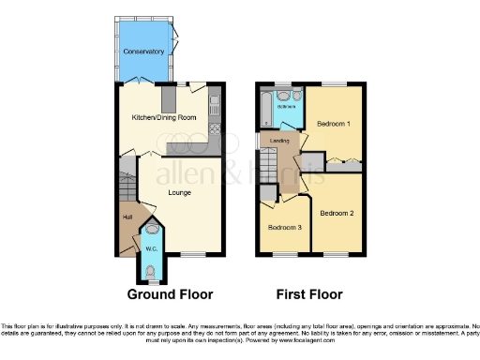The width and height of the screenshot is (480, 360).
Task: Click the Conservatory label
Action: [142, 50]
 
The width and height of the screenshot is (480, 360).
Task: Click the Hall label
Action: [127, 217]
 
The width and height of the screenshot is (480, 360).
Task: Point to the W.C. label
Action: [150, 249]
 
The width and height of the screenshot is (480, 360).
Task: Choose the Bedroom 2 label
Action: [337, 214]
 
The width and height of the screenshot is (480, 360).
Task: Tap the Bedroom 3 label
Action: [284, 227]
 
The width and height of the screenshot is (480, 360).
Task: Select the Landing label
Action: [279, 142]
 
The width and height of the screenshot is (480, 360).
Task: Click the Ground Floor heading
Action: [170, 292]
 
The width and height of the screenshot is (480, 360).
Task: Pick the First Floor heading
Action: [308, 292]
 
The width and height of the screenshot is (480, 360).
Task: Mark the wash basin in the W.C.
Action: [152, 227]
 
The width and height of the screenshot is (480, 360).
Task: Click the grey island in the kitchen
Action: [169, 97]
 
